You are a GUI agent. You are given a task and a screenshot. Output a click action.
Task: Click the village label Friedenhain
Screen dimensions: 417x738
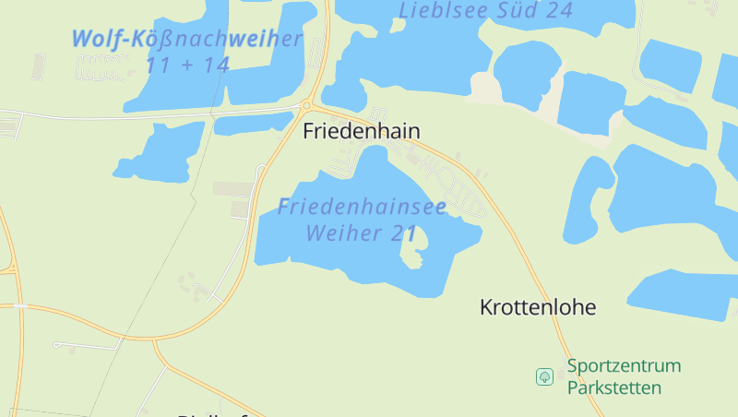pyautogui.click(x=362, y=132)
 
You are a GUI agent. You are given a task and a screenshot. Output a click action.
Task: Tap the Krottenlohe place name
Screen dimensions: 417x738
pyautogui.click(x=538, y=308)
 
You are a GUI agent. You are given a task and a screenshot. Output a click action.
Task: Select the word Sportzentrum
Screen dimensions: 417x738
pyautogui.click(x=624, y=366)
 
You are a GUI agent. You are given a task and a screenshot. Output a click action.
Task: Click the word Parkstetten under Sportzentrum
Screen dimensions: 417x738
pyautogui.click(x=614, y=387)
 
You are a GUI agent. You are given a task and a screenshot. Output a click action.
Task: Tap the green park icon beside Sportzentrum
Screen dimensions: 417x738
pyautogui.click(x=544, y=376)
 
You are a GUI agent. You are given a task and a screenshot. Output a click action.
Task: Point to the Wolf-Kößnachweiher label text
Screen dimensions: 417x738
pyautogui.click(x=187, y=40)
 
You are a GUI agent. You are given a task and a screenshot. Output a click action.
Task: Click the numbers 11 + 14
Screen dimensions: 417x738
pyautogui.click(x=187, y=66)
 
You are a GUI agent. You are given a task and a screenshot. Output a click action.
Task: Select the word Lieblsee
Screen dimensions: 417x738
pyautogui.click(x=437, y=11)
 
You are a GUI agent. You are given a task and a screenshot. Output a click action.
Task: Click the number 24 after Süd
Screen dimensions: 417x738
pyautogui.click(x=559, y=11)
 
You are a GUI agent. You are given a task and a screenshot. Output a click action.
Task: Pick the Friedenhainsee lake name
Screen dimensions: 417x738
pyautogui.click(x=362, y=206)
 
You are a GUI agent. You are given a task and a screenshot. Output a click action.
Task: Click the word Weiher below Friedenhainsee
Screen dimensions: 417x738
pyautogui.click(x=342, y=233)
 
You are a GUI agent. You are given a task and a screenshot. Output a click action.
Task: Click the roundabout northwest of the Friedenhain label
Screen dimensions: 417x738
pyautogui.click(x=306, y=105)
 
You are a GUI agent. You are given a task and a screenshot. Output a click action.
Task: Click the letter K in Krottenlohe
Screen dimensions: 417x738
pyautogui.click(x=486, y=308)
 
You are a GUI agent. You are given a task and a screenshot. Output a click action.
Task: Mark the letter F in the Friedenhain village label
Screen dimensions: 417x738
pyautogui.click(x=308, y=132)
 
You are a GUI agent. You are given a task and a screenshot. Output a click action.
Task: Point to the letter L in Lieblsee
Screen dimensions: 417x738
pyautogui.click(x=404, y=11)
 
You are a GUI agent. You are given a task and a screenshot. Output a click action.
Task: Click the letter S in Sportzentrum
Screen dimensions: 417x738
pyautogui.click(x=572, y=366)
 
